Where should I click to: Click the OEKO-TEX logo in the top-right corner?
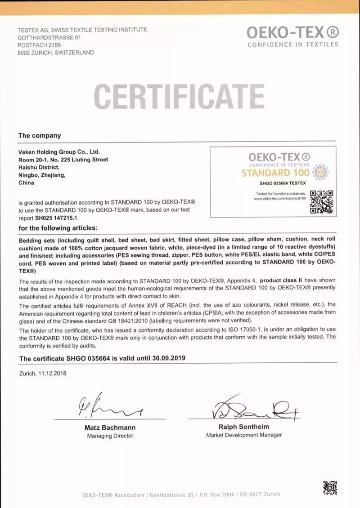click(x=292, y=36)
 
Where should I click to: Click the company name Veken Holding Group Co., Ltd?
click(x=59, y=152)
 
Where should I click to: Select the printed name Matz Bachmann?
click(x=110, y=428)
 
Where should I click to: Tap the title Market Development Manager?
click(x=244, y=435)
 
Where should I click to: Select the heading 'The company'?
click(x=39, y=135)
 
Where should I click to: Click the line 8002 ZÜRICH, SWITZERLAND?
click(x=56, y=53)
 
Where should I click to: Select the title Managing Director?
click(x=110, y=436)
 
